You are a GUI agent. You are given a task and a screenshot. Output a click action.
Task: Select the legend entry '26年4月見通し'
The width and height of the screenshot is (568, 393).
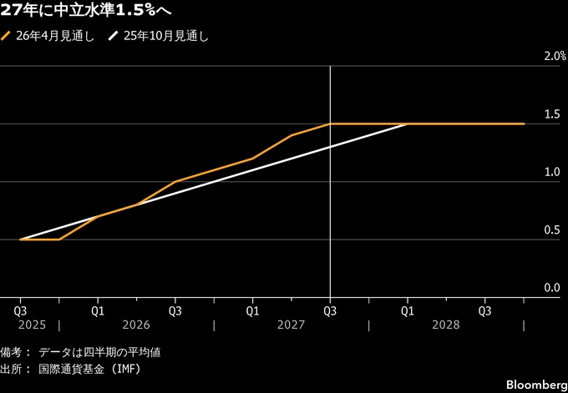(x=55, y=37)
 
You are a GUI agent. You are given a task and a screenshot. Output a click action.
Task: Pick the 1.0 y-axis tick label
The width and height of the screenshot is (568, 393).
(x=552, y=172)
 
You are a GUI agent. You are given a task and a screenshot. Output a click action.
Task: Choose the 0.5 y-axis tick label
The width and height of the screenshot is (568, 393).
(x=552, y=230)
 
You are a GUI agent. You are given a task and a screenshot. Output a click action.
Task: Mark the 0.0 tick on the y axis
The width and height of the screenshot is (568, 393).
(x=552, y=288)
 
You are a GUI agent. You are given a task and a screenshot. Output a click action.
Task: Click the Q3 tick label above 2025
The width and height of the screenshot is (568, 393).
(x=20, y=310)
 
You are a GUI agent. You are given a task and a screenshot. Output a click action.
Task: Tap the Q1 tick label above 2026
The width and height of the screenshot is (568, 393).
(x=98, y=310)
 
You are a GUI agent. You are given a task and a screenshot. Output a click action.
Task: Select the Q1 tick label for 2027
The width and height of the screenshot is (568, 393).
(x=252, y=310)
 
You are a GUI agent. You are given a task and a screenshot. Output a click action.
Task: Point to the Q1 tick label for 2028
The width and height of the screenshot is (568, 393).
(x=408, y=310)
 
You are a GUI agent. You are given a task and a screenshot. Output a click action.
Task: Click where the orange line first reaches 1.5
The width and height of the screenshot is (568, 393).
(x=330, y=123)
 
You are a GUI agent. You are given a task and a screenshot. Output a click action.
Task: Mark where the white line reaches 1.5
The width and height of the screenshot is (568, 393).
(x=408, y=123)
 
